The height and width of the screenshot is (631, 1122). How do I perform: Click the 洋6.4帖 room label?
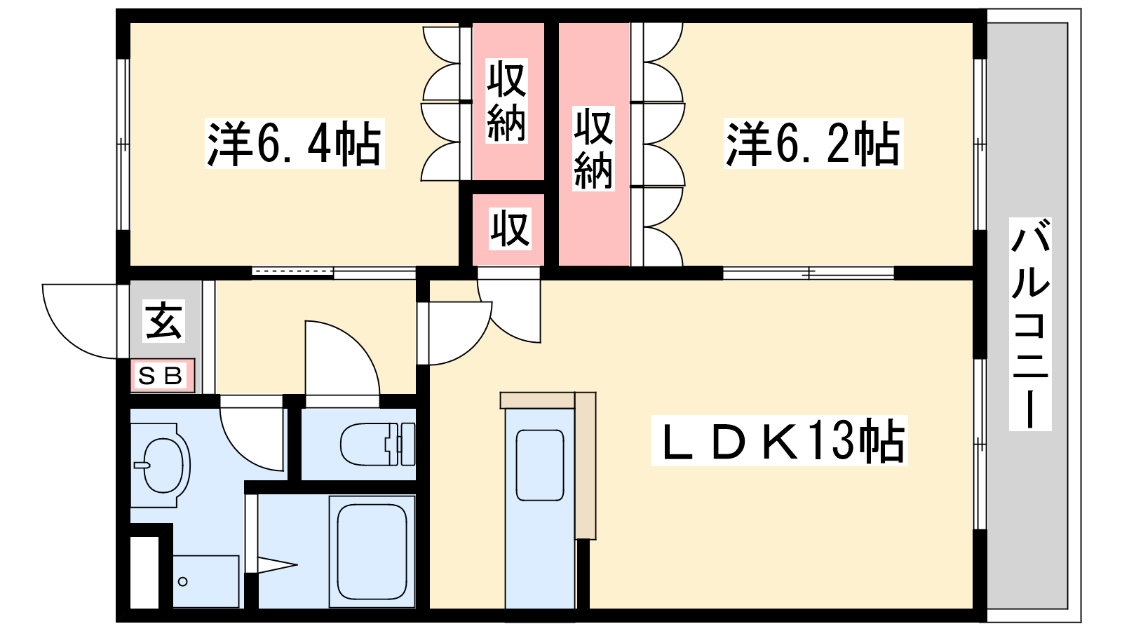pos(294,143)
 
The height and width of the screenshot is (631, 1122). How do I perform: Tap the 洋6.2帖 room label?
pos(813,143)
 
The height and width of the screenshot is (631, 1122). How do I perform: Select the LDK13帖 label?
pos(779,441)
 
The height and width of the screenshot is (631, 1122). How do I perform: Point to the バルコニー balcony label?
pos(1030,324)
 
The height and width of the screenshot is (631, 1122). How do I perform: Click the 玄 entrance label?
pos(163,321)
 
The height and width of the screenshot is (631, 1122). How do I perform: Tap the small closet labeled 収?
pos(509,230)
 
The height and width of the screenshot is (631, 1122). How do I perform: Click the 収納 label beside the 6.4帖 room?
pos(506,101)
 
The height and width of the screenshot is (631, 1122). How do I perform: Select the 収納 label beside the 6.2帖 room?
pos(593,149)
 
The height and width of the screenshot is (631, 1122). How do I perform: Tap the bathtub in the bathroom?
pos(372,551)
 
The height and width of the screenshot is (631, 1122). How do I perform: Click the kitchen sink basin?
pos(540,466)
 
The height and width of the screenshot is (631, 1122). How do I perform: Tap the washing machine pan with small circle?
pos(206,581)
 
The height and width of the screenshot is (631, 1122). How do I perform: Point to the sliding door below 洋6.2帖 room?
pos(809,273)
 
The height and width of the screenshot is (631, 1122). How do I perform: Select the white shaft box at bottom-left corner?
pos(144,572)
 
